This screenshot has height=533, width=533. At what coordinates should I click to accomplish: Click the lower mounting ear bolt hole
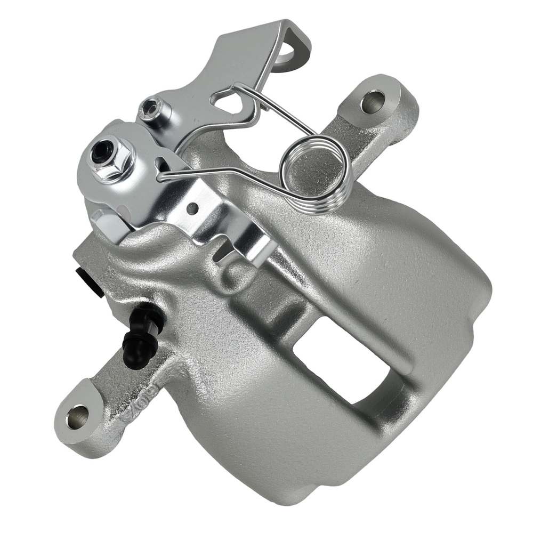79,413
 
